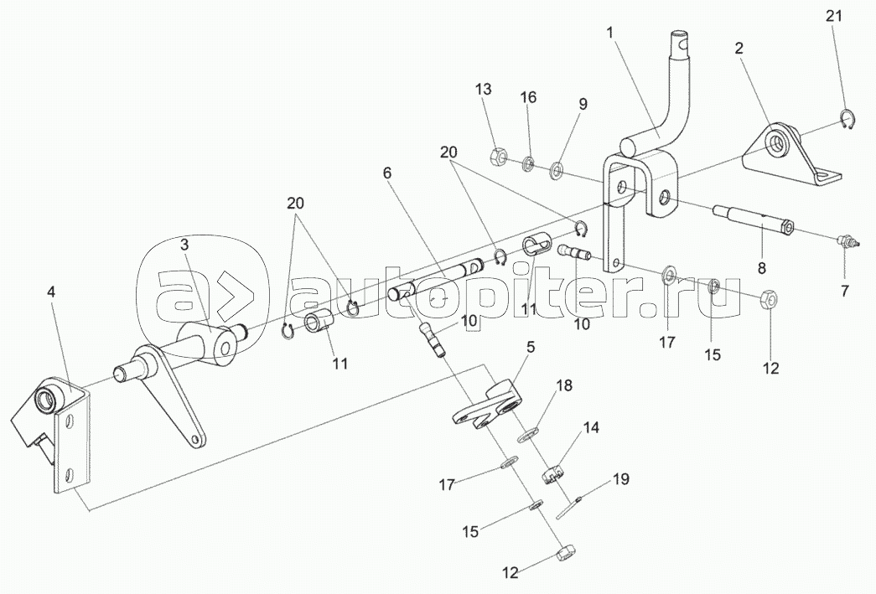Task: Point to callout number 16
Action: (x=528, y=98)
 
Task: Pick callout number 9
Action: (x=582, y=104)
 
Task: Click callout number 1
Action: (x=610, y=33)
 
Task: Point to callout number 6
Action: (x=386, y=173)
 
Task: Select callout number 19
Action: (x=619, y=479)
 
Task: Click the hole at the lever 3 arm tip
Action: (x=196, y=440)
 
